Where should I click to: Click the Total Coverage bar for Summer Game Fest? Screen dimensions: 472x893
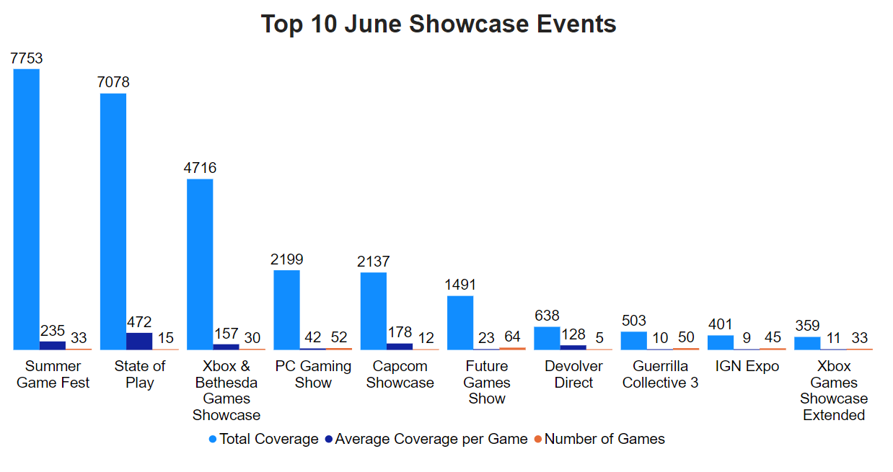point(27,209)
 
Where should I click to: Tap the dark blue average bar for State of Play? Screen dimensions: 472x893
point(139,341)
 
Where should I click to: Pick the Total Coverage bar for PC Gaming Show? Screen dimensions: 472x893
point(286,310)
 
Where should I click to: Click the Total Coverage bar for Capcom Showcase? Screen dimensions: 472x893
point(373,311)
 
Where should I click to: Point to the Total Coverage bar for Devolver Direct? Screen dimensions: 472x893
point(547,338)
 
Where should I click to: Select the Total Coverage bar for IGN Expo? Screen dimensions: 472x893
point(720,342)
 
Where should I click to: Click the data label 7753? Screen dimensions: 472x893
point(27,59)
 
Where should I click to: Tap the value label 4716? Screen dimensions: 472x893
point(200,169)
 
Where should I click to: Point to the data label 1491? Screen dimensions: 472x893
point(460,285)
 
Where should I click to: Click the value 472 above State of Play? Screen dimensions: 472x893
point(139,322)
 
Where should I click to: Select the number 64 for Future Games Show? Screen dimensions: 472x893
point(513,337)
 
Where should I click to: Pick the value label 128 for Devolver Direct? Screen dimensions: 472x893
point(573,335)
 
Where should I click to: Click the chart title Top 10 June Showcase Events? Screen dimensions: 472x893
point(439,24)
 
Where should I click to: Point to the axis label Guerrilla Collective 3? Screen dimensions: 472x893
point(660,375)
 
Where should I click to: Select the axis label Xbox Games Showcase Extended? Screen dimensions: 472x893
point(834,391)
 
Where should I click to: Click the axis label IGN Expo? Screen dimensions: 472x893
point(747,366)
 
